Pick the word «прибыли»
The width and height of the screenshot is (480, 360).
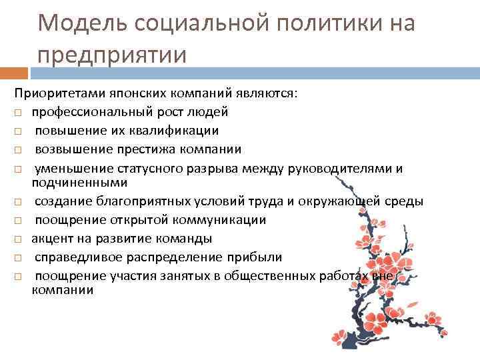coord(259,257)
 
